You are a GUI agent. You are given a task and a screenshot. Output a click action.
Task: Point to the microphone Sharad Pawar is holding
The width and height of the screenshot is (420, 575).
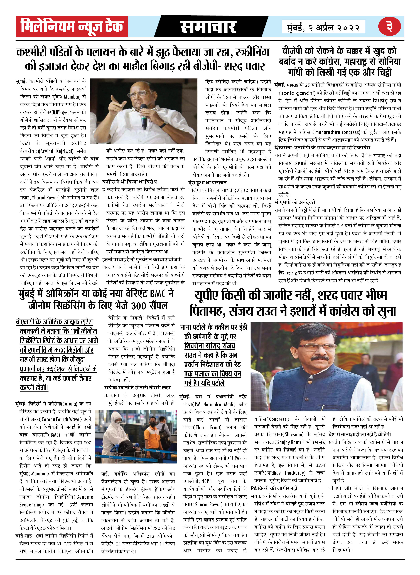(x=144, y=114)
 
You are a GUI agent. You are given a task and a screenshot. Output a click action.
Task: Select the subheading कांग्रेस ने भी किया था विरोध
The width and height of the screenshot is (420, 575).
(x=129, y=182)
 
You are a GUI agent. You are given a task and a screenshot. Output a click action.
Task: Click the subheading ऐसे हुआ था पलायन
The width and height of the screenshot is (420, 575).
(x=207, y=182)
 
